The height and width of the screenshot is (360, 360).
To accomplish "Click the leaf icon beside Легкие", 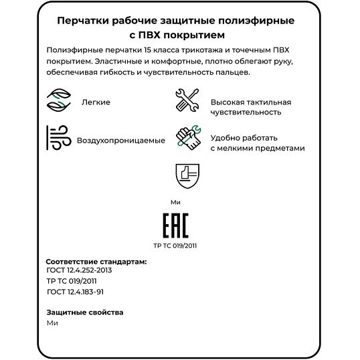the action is (59, 102).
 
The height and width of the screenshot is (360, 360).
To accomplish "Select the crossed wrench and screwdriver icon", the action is (188, 102).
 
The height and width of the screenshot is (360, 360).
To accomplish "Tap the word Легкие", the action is (96, 102).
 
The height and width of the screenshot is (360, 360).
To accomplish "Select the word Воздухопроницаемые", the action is (121, 141).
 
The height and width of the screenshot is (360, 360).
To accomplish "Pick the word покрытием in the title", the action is (195, 34).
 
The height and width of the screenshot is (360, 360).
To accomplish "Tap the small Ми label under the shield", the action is (175, 201).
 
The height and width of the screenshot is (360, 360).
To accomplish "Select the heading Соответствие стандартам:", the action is (96, 261).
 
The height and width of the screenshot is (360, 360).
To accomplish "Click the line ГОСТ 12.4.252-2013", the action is (79, 270).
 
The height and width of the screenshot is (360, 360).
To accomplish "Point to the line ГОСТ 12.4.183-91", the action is (76, 292).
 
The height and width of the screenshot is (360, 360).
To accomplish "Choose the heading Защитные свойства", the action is (85, 312).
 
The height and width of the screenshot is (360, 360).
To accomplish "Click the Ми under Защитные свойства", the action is (53, 323).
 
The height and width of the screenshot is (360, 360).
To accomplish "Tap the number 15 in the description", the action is (148, 51).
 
